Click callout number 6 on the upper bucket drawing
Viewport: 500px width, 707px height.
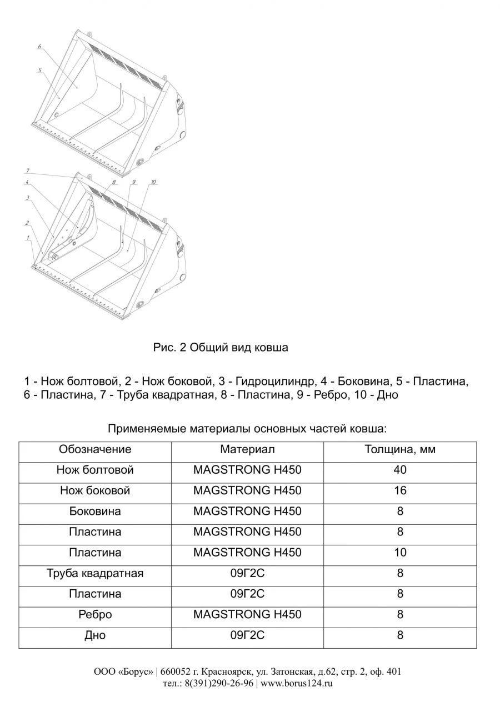(x=39, y=47)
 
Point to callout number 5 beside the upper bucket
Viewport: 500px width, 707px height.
(x=41, y=71)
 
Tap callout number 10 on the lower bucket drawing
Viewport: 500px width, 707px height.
(x=153, y=182)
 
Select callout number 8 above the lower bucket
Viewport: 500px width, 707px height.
(x=113, y=182)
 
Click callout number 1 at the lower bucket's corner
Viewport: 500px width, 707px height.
(x=26, y=237)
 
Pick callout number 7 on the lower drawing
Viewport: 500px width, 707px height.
(x=27, y=170)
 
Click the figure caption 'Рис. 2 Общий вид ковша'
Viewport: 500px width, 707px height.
(x=221, y=348)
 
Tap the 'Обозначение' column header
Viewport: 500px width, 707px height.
(x=95, y=450)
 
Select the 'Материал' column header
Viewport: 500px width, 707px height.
(x=247, y=450)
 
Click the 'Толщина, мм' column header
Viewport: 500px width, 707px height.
(x=400, y=450)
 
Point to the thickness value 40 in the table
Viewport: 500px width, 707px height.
(x=400, y=470)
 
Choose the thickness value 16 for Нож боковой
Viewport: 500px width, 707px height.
(x=400, y=491)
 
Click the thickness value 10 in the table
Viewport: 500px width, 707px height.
(x=400, y=553)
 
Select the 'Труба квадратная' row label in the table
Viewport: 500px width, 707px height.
(x=95, y=574)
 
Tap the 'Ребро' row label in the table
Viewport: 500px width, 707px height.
(x=95, y=615)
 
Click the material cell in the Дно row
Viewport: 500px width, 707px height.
(x=247, y=635)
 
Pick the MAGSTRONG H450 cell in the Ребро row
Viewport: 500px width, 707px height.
(x=247, y=615)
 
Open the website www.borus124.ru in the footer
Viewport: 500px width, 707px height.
(x=297, y=684)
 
